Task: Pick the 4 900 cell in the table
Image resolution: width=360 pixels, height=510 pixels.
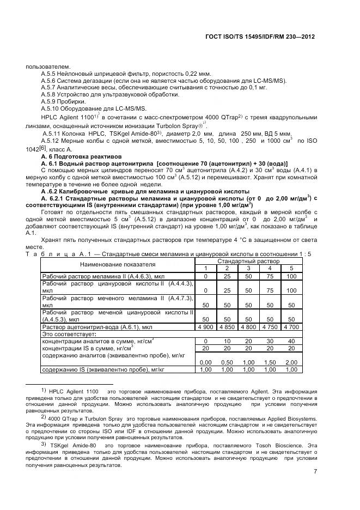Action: tap(206, 326)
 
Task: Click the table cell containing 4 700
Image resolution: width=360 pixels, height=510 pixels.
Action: tap(291, 326)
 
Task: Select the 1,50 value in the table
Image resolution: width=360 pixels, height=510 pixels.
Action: tap(270, 362)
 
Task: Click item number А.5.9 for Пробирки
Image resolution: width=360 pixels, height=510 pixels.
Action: tap(51, 102)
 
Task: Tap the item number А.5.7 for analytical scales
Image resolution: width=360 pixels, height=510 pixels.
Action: tap(51, 88)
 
